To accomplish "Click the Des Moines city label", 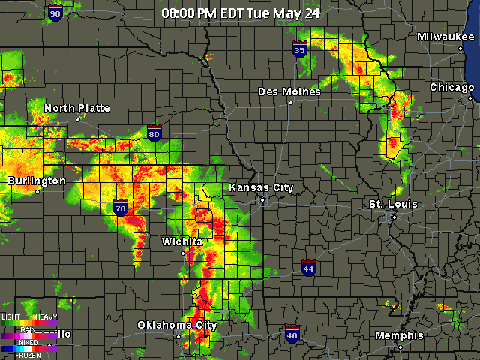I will (x=289, y=91).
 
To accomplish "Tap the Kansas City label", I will (x=261, y=187).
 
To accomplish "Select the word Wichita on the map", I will (x=182, y=241).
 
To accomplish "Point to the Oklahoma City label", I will (x=177, y=325).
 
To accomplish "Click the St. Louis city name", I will (x=393, y=204).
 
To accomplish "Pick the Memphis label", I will (x=399, y=335).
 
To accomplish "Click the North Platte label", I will (x=76, y=108).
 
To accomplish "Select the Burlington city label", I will (x=37, y=181).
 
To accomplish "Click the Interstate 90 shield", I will (x=55, y=13).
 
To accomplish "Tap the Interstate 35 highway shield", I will (x=300, y=49).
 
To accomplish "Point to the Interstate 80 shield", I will (x=154, y=133).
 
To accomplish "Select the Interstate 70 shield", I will (x=121, y=208).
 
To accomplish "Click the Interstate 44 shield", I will (x=308, y=268).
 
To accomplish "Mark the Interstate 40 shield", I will (x=292, y=334).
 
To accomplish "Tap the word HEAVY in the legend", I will (x=47, y=316).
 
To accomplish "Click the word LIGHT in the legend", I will (x=11, y=316).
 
